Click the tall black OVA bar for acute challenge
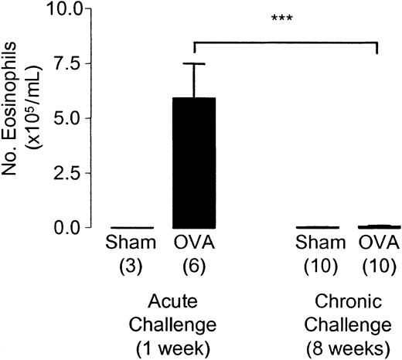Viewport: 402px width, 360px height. pyautogui.click(x=193, y=163)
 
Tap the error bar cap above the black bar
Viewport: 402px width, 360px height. pyautogui.click(x=193, y=64)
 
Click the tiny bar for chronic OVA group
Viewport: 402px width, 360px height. pyautogui.click(x=376, y=226)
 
